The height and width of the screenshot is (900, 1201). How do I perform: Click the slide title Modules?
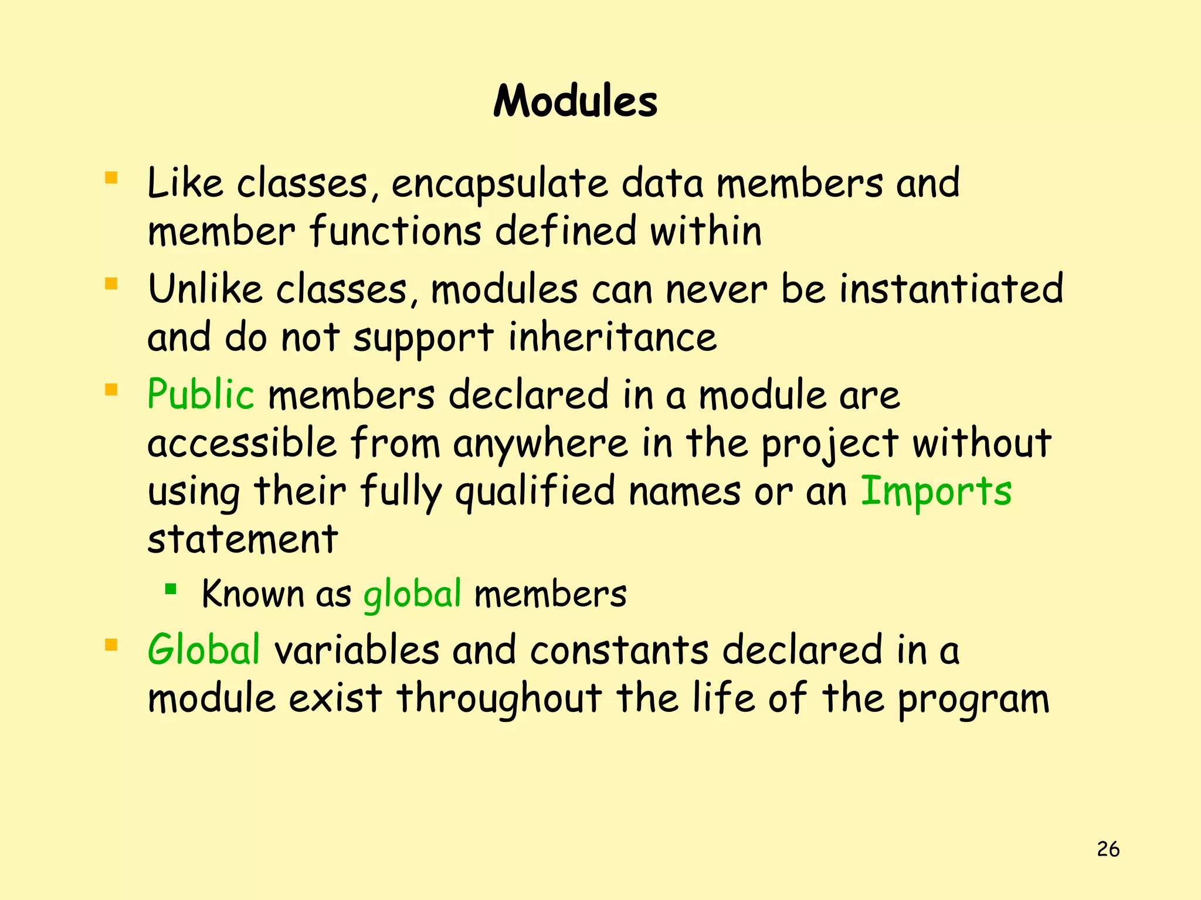(x=575, y=102)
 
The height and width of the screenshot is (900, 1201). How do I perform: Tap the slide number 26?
(x=1108, y=849)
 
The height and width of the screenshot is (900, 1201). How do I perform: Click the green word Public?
(x=201, y=394)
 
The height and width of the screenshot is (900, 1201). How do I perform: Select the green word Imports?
(x=936, y=491)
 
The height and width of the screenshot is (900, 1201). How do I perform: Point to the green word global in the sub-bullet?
(x=412, y=595)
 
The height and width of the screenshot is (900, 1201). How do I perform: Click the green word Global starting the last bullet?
(x=203, y=650)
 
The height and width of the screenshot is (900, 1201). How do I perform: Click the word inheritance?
(x=612, y=337)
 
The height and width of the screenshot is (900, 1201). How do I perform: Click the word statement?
(x=243, y=539)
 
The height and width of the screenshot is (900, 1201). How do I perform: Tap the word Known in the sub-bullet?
(x=252, y=594)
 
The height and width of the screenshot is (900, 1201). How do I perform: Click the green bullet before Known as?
(x=171, y=588)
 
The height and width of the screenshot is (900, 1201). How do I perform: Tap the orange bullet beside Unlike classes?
(x=111, y=284)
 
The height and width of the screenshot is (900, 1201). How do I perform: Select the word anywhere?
(x=540, y=443)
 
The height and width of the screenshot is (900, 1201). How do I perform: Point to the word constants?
(x=619, y=650)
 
